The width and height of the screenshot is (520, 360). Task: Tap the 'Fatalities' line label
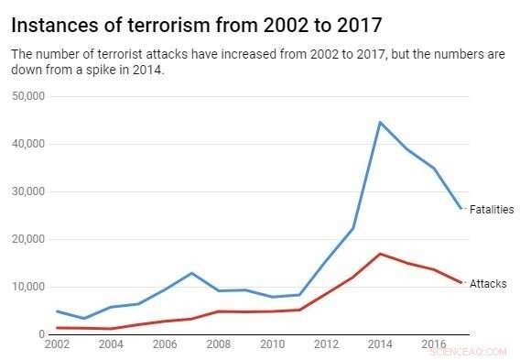click(492, 210)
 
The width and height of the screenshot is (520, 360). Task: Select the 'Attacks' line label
click(487, 285)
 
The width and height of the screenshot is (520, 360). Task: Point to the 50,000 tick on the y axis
click(28, 96)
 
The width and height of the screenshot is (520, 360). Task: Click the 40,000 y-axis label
click(28, 144)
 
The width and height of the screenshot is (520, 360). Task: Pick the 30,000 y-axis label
click(28, 191)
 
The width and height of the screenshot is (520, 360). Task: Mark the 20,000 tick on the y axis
click(28, 239)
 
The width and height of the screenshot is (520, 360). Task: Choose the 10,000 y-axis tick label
click(28, 287)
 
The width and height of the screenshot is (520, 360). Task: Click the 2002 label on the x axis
click(56, 344)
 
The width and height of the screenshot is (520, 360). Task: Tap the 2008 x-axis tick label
click(218, 344)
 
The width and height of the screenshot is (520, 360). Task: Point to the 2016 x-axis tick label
click(433, 344)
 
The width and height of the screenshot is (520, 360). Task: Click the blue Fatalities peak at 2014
click(380, 122)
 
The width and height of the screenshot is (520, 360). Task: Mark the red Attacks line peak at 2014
click(380, 254)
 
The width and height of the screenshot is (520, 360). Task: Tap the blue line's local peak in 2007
click(190, 273)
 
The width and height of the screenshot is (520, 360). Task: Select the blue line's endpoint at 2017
click(460, 209)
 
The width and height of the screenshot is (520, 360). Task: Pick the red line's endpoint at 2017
click(460, 283)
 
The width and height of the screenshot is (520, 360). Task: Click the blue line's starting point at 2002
click(57, 311)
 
